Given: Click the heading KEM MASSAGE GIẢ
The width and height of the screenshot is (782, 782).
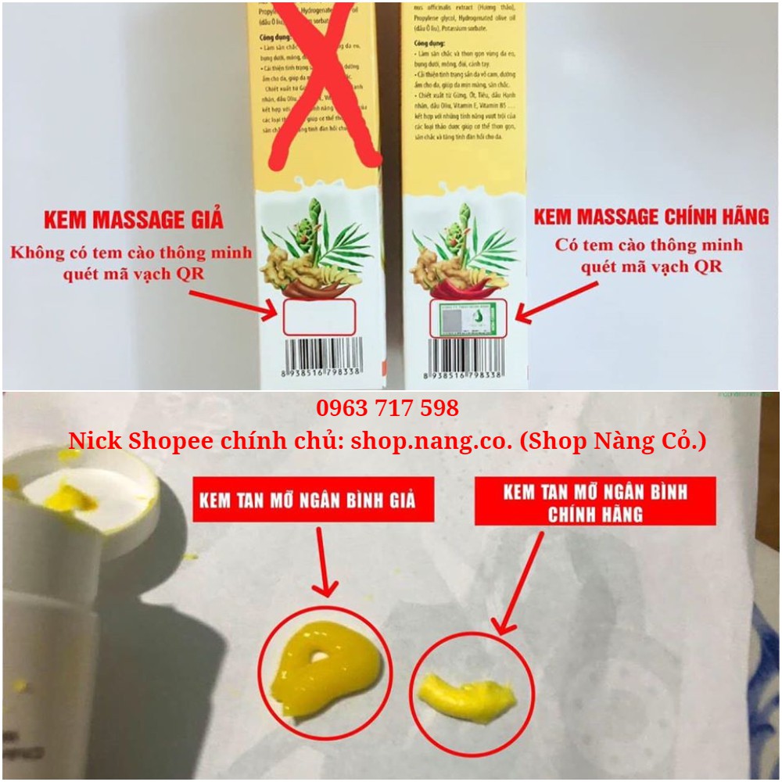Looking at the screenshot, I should (133, 219).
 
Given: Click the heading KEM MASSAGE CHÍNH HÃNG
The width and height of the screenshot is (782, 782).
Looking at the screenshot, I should (651, 216).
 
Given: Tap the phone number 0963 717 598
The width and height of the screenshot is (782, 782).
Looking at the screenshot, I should (387, 408).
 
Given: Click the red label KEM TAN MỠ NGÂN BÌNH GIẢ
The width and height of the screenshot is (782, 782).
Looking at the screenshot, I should (314, 500).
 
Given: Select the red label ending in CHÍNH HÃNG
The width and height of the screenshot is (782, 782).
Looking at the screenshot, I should (595, 502).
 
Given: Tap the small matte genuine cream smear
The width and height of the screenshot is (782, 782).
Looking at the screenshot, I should (467, 697).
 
